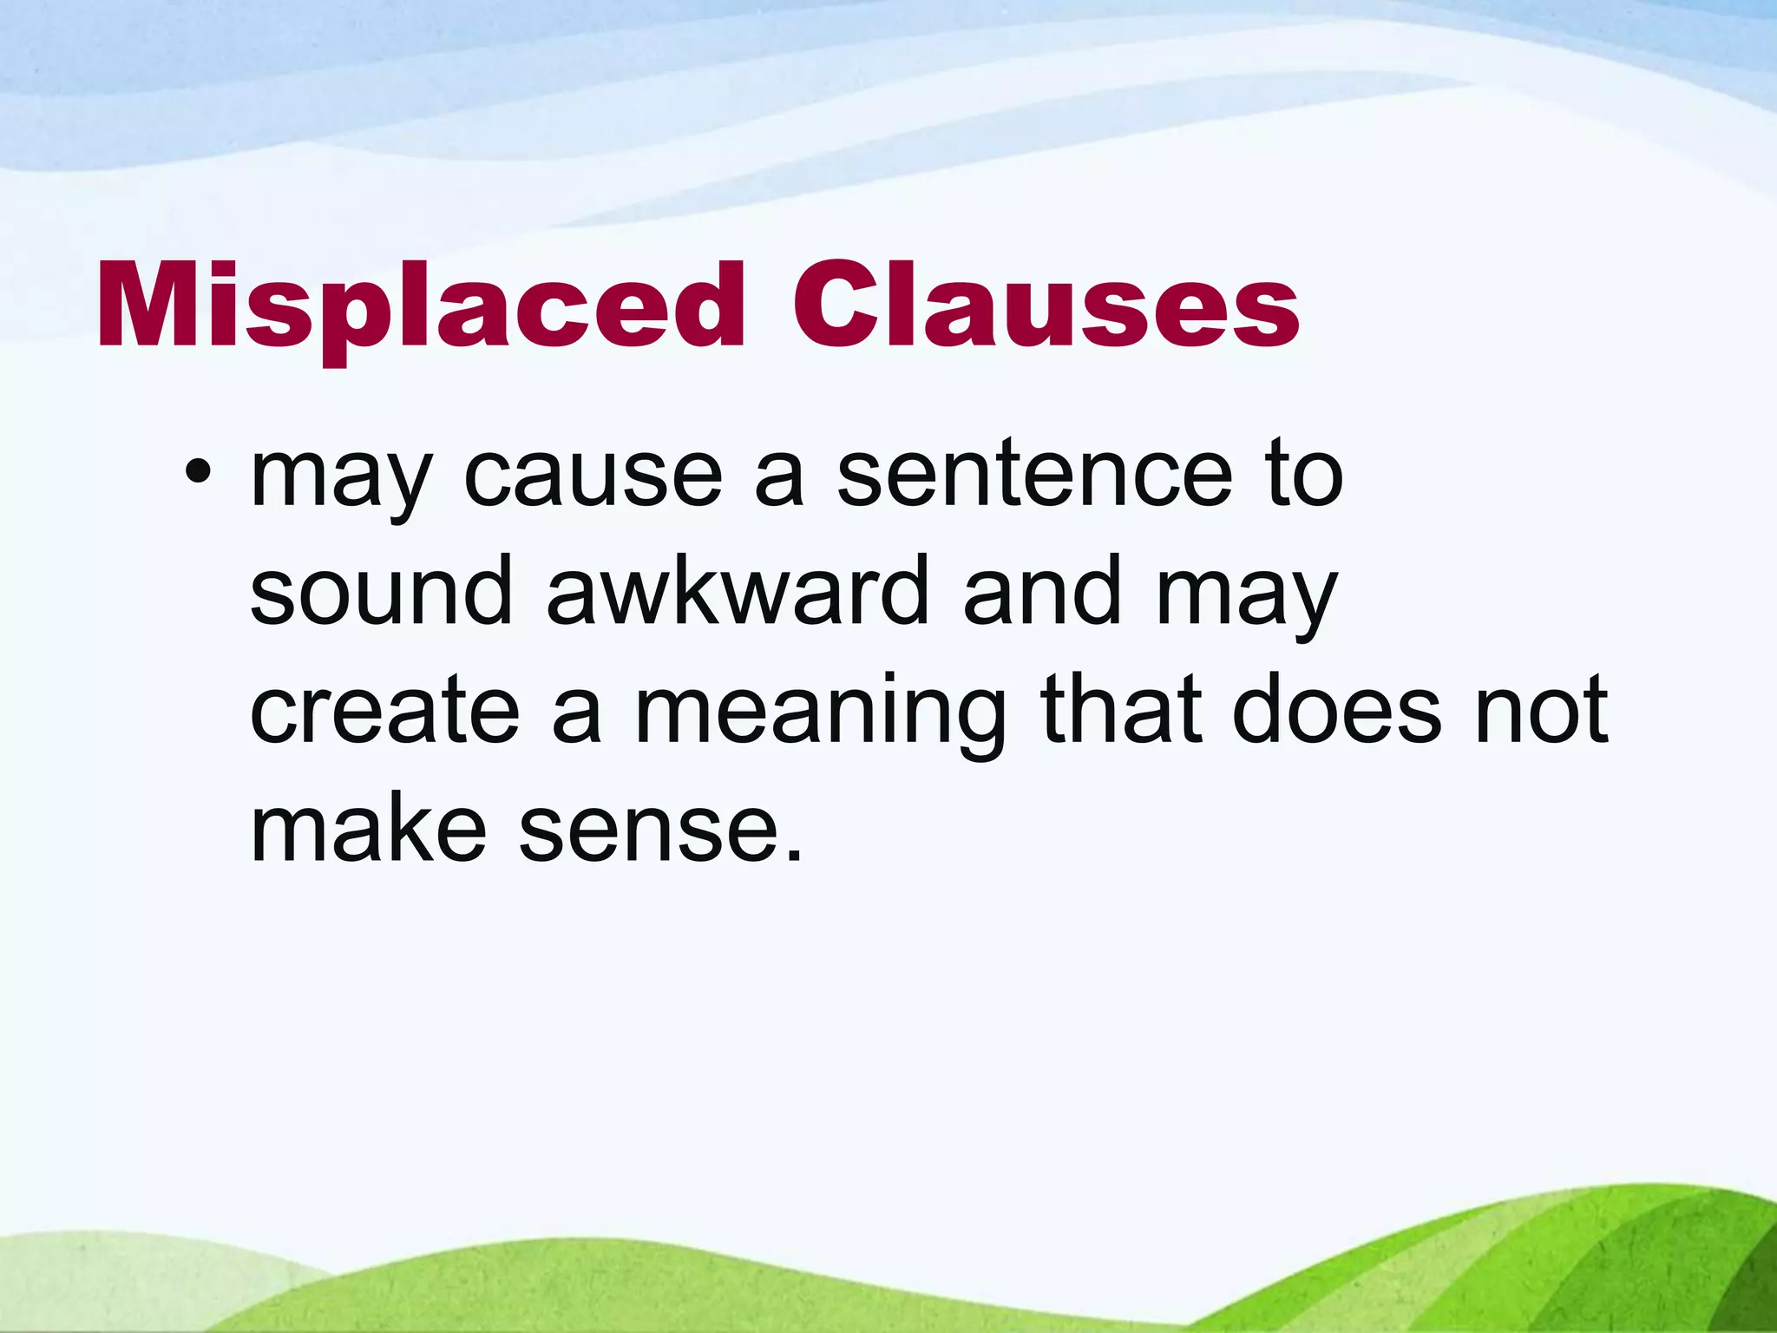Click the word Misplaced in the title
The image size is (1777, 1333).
421,308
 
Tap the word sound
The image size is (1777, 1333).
381,593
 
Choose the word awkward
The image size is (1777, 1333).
738,593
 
